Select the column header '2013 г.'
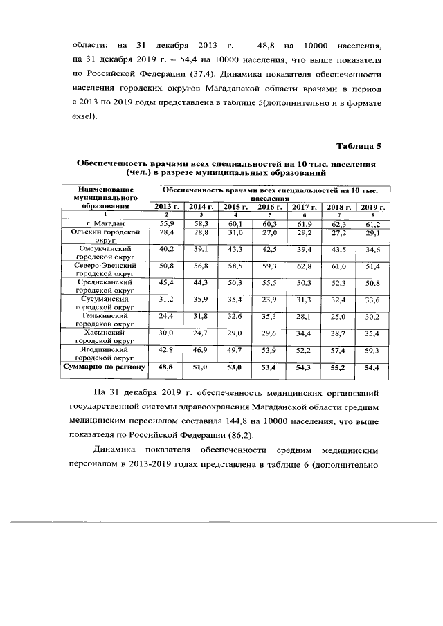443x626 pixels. click(x=166, y=207)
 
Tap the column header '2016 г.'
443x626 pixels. click(x=269, y=207)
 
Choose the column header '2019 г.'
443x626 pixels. click(x=372, y=207)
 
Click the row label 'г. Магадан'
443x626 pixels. click(x=105, y=223)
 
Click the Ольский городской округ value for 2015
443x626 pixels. click(x=235, y=234)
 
